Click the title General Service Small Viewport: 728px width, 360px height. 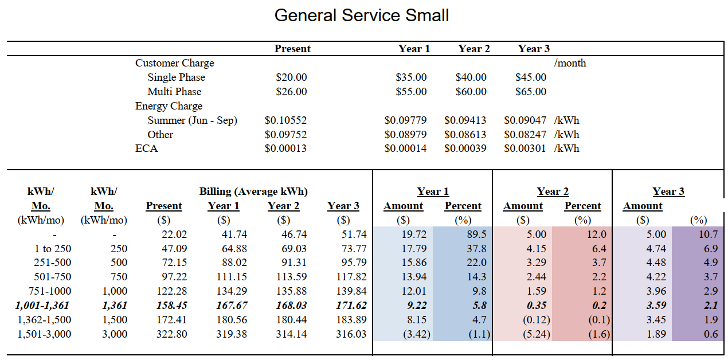click(x=362, y=15)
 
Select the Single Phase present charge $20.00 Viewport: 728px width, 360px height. click(x=291, y=77)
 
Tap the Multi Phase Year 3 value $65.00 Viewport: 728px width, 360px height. click(x=531, y=92)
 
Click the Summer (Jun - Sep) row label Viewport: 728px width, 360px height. click(x=192, y=120)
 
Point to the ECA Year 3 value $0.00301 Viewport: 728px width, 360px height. click(x=525, y=149)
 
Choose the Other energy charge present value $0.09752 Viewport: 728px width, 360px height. click(x=285, y=135)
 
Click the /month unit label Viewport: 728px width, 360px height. click(x=570, y=63)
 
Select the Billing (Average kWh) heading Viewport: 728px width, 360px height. click(x=253, y=191)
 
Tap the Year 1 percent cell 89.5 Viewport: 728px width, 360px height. click(x=476, y=234)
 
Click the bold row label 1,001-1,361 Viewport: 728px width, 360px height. click(x=42, y=306)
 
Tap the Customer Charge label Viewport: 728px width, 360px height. click(x=175, y=63)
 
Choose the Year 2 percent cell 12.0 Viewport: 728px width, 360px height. click(x=596, y=234)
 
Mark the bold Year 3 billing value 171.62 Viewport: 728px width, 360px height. click(x=343, y=306)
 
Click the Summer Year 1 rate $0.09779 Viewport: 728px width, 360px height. click(x=405, y=120)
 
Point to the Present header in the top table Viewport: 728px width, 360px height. click(x=292, y=49)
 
